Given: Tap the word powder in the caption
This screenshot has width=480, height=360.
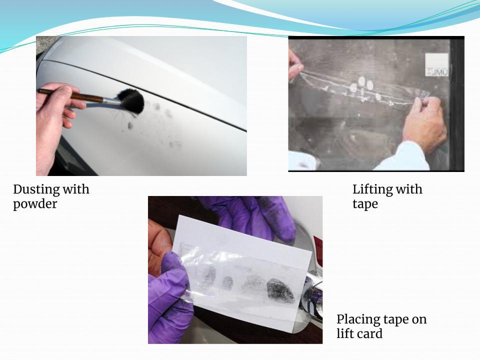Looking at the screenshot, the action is pos(35,204).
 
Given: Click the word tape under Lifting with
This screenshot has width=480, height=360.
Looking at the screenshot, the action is pos(365,204).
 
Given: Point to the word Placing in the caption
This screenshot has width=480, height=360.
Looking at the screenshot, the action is pos(356,320).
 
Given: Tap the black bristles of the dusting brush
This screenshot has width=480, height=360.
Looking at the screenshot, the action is pos(131,100).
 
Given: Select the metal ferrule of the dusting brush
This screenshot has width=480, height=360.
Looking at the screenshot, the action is pos(110,100).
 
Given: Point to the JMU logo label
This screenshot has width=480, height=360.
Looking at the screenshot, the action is pos(437,65).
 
